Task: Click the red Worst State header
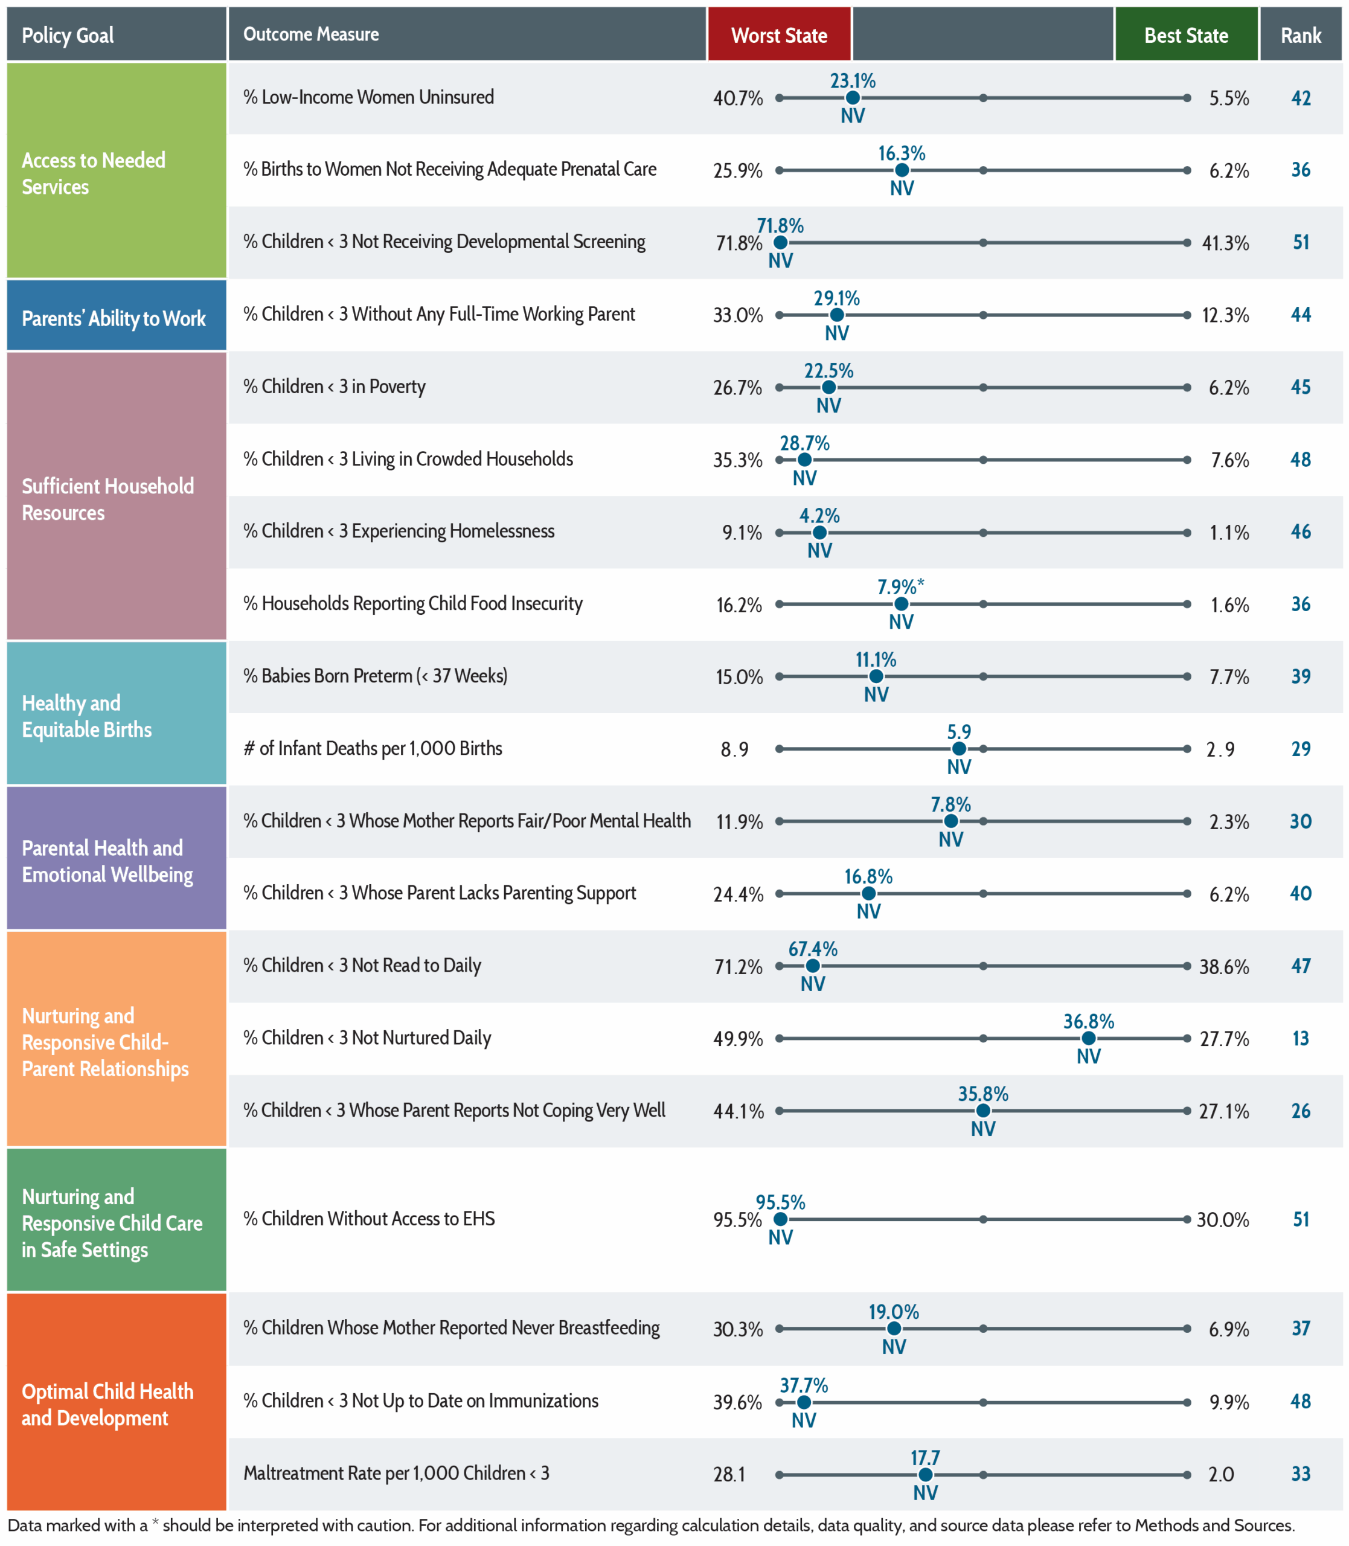[779, 34]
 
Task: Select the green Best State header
[1185, 34]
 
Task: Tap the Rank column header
[1301, 34]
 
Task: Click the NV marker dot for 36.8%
[1089, 1038]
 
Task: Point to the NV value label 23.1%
[853, 80]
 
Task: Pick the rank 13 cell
[1301, 1038]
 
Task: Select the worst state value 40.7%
[738, 98]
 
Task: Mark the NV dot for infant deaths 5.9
[959, 749]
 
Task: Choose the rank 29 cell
[1301, 749]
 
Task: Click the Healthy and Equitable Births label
[86, 716]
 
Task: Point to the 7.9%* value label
[901, 586]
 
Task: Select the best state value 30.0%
[1223, 1219]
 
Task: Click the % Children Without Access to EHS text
[369, 1219]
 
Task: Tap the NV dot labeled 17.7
[926, 1475]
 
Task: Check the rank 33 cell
[1301, 1474]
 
